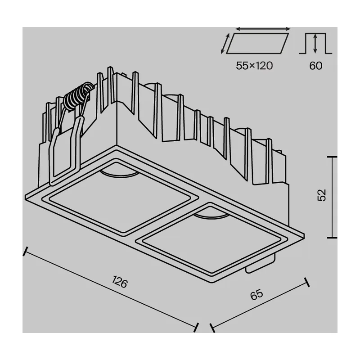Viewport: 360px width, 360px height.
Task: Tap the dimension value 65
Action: click(x=256, y=295)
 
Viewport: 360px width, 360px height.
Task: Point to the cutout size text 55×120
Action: click(x=254, y=66)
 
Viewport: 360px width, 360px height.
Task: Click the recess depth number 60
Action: click(x=316, y=66)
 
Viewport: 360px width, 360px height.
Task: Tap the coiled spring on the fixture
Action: click(x=78, y=96)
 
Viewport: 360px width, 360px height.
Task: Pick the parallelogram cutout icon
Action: click(x=257, y=43)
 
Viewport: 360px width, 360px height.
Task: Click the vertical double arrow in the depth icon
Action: click(x=315, y=43)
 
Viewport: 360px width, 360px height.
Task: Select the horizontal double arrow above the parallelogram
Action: click(x=263, y=29)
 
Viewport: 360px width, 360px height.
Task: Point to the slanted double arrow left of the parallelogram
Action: click(x=225, y=44)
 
